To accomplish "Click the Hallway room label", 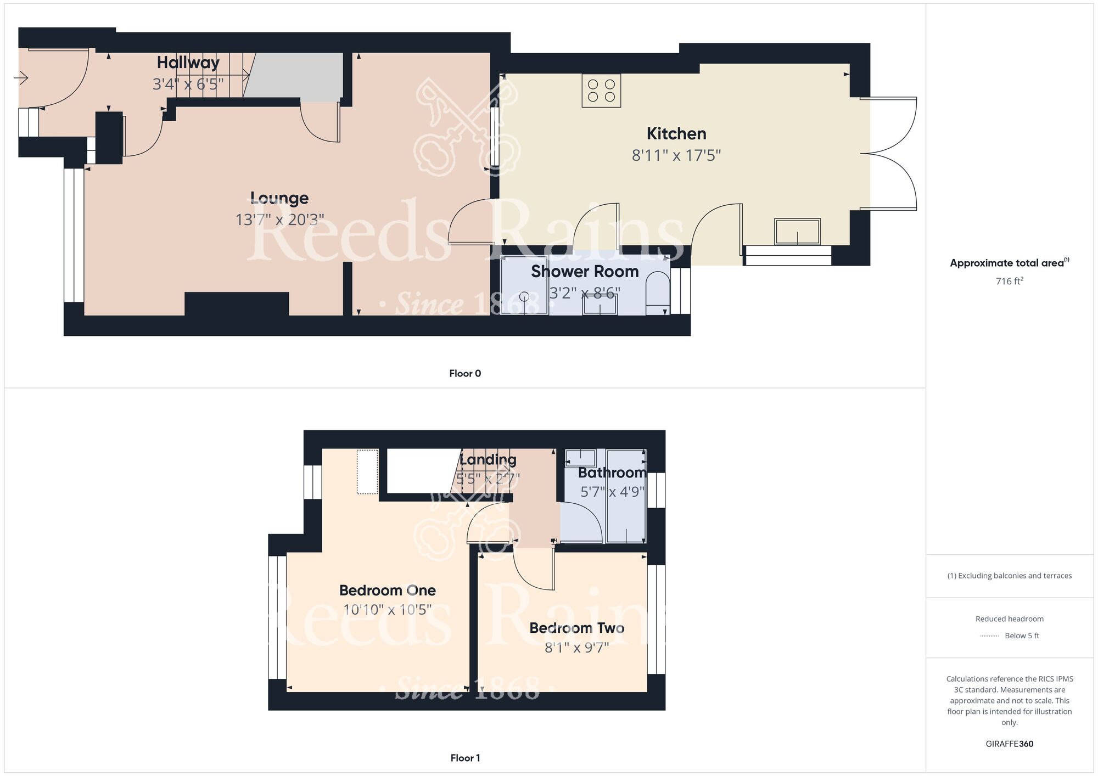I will tap(188, 63).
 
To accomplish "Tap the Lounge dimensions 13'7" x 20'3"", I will tap(279, 220).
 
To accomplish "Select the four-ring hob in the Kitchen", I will tap(601, 91).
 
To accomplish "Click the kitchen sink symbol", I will tap(797, 232).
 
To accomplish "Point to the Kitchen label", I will tap(676, 133).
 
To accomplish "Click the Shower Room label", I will tap(584, 271).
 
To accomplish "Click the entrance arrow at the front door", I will tap(21, 78).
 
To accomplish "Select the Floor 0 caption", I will tap(464, 373).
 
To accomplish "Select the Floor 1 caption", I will tap(464, 758).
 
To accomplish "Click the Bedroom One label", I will tap(387, 590).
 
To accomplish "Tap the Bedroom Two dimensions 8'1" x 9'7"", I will tap(576, 648).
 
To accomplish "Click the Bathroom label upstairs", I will tap(612, 473).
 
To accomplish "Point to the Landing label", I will tap(488, 459).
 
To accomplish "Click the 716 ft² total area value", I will tap(1009, 281).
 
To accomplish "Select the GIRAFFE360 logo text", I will tap(1009, 744).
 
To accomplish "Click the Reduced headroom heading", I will tap(1009, 618).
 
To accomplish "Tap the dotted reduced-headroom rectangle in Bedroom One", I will tap(367, 471).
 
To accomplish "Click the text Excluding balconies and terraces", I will tap(1009, 576).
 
